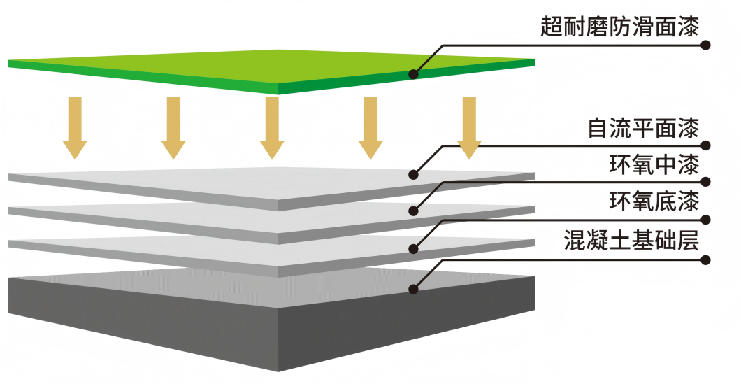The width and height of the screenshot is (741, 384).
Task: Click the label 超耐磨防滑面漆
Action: click(x=619, y=27)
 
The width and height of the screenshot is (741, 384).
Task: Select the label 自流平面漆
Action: click(x=643, y=129)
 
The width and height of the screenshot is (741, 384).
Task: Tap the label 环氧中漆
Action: click(x=654, y=166)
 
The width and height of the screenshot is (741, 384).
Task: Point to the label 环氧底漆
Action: click(x=654, y=203)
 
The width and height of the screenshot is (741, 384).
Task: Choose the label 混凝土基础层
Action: click(x=631, y=240)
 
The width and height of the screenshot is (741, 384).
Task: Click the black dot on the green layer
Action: click(x=414, y=73)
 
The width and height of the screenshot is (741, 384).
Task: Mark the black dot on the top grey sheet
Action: click(x=414, y=174)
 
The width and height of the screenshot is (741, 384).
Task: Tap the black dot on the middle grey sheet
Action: click(x=414, y=211)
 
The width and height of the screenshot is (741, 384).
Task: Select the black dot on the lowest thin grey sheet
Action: click(x=414, y=248)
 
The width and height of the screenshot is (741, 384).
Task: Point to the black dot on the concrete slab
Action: click(x=414, y=287)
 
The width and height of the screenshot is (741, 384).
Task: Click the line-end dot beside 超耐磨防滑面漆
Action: click(x=706, y=45)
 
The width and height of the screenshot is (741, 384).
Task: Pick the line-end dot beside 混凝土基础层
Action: click(x=706, y=260)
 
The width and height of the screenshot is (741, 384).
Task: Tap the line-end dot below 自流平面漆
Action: click(x=706, y=145)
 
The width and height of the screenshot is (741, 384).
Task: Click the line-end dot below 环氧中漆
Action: click(x=706, y=182)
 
